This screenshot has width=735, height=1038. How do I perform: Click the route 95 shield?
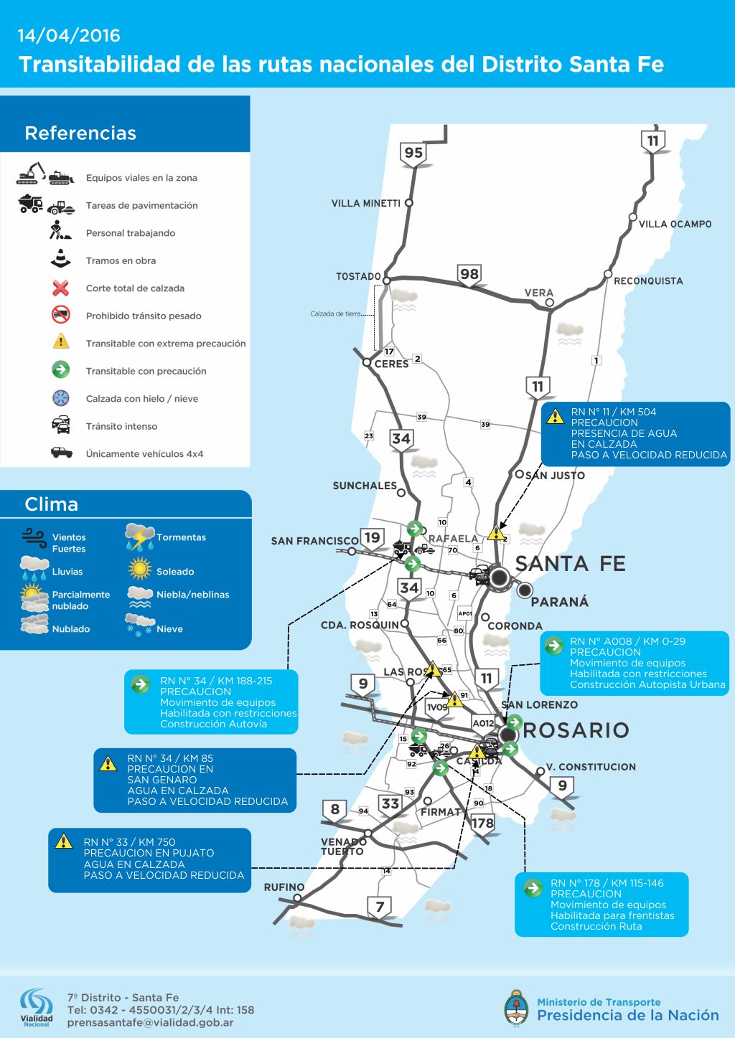pos(413,153)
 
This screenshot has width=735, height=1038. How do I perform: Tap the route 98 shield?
pos(469,274)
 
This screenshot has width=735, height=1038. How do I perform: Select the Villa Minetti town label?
pos(366,204)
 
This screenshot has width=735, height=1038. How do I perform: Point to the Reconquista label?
pos(648,281)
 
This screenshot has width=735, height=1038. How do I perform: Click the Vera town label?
pos(538,293)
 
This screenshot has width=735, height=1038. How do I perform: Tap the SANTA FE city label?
pos(571,564)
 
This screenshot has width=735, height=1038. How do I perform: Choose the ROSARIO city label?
pos(576,730)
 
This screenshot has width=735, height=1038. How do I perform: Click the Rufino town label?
pos(284,887)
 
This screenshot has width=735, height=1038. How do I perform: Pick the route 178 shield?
pos(482,823)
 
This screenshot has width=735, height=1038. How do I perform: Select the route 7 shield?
pos(380,907)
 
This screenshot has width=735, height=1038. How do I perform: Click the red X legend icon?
pos(61,288)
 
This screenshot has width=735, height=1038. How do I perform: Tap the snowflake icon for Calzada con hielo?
pos(61,398)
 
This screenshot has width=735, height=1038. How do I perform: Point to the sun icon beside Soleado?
pos(139,570)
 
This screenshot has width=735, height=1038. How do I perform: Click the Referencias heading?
pos(80,133)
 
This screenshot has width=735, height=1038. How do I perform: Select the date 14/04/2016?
pos(69,35)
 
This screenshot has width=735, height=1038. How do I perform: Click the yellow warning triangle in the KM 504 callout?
pos(555,416)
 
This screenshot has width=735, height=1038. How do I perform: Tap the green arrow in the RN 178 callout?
pos(533,888)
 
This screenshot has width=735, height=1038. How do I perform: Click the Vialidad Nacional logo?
pos(36,1007)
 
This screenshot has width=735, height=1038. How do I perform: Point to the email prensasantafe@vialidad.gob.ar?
pos(150,1023)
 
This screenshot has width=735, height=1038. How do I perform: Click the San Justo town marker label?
pos(555,476)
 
